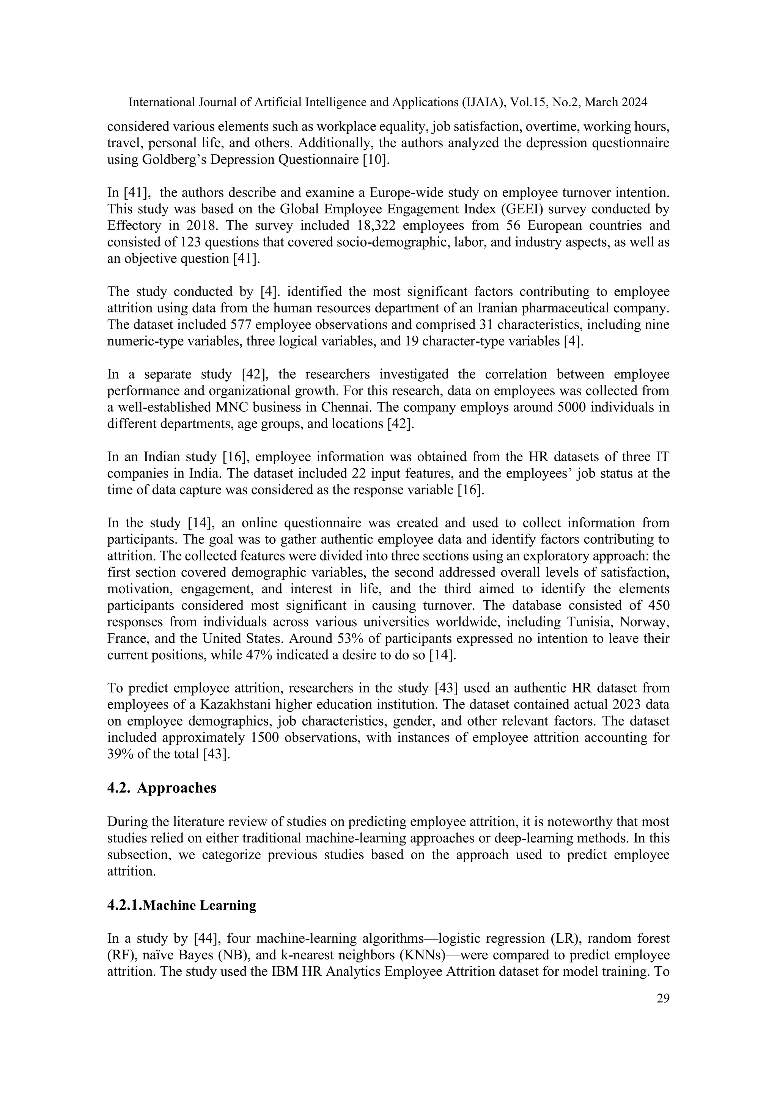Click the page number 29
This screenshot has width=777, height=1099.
(x=663, y=998)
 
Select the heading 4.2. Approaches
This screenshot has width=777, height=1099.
(x=162, y=787)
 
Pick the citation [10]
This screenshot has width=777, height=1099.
(x=376, y=159)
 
